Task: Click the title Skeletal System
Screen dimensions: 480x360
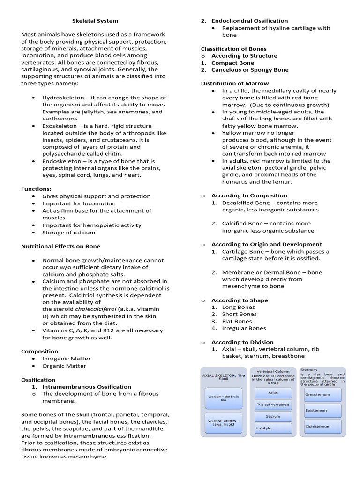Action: (x=95, y=21)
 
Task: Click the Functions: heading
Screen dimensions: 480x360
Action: (x=36, y=189)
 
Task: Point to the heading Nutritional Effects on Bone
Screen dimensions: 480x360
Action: (x=60, y=246)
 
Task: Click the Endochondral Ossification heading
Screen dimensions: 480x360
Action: (x=249, y=21)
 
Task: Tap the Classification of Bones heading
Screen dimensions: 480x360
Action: (x=233, y=49)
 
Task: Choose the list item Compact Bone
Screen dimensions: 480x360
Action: (x=232, y=63)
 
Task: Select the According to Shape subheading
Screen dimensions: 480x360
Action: (x=240, y=300)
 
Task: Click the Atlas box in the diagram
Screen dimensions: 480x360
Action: (x=273, y=392)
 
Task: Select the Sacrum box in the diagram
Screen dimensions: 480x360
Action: (x=273, y=416)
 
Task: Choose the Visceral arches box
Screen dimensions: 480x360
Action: (x=223, y=423)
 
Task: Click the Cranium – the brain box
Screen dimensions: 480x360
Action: (x=223, y=398)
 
